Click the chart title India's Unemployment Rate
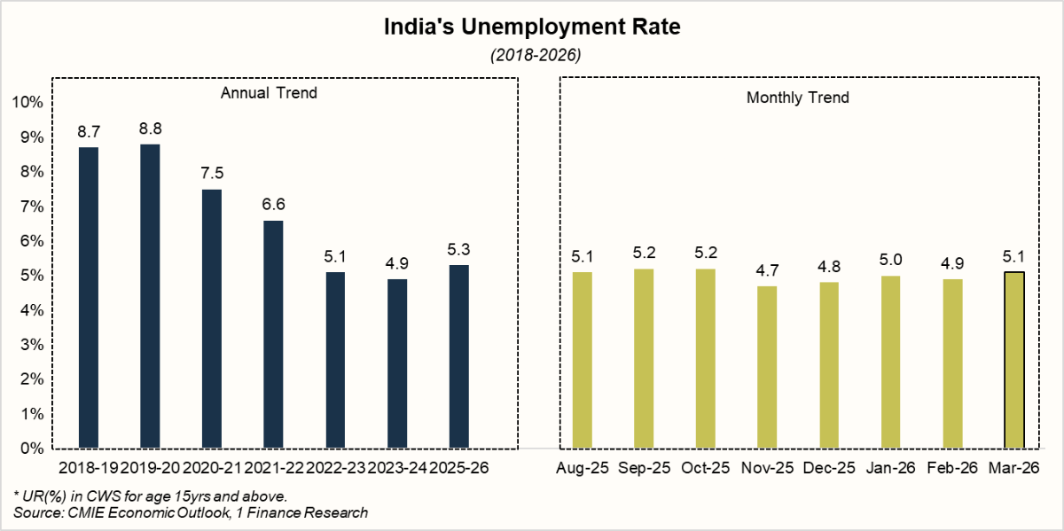click(531, 27)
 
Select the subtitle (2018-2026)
click(531, 55)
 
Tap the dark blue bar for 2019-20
click(150, 296)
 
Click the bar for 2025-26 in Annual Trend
click(458, 356)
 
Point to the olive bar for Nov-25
click(766, 367)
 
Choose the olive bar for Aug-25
click(582, 360)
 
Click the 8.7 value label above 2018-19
click(89, 132)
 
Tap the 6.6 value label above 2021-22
click(273, 205)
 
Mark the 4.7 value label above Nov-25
click(766, 270)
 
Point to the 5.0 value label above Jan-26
click(889, 260)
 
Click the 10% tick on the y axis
click(27, 103)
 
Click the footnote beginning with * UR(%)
click(150, 496)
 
